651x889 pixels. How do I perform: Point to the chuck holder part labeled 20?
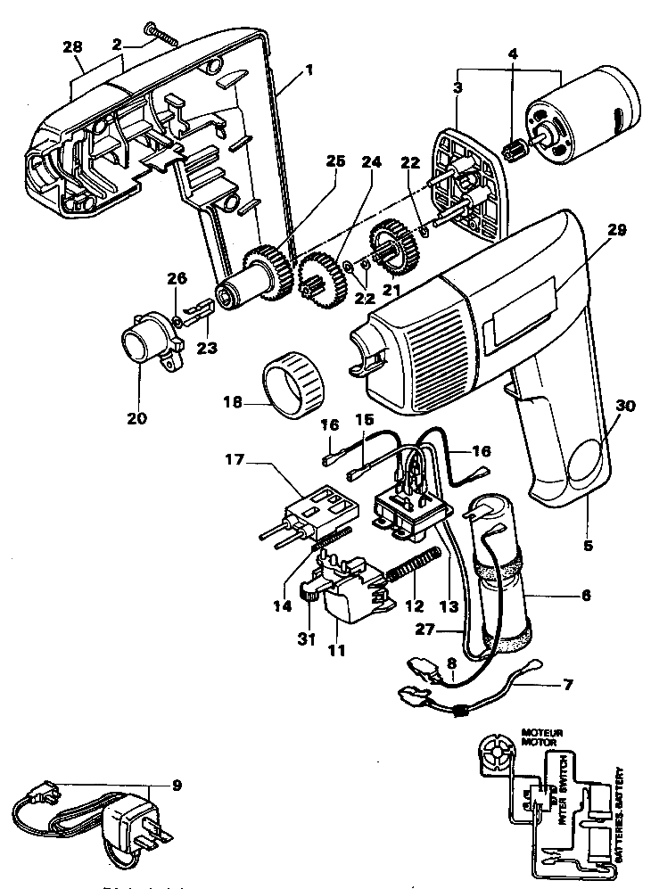(146, 343)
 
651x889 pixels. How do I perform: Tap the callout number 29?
(617, 229)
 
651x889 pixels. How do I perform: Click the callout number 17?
(234, 462)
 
